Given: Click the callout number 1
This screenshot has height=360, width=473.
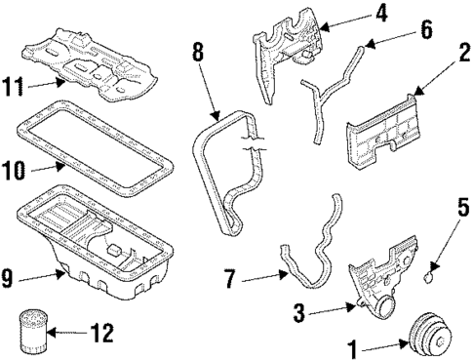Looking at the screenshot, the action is pyautogui.click(x=352, y=349).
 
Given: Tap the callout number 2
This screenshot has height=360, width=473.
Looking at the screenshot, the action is pyautogui.click(x=464, y=53).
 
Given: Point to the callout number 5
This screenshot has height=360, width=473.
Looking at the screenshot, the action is pyautogui.click(x=463, y=207).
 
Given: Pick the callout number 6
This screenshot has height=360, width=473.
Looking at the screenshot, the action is pyautogui.click(x=426, y=29).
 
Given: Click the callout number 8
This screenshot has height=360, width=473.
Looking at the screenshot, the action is pyautogui.click(x=198, y=52).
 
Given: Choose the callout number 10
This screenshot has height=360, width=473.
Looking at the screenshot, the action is pyautogui.click(x=13, y=171).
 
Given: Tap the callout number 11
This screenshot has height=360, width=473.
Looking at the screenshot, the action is pyautogui.click(x=13, y=86).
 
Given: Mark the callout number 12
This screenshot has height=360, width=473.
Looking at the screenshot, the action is pyautogui.click(x=101, y=333).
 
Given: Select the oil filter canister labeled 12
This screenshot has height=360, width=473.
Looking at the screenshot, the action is pyautogui.click(x=32, y=332).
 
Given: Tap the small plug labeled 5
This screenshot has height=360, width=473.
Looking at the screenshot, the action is pyautogui.click(x=429, y=277).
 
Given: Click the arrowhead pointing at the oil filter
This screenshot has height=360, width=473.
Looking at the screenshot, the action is pyautogui.click(x=51, y=333).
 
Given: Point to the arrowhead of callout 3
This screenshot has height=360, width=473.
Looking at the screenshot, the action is pyautogui.click(x=350, y=306).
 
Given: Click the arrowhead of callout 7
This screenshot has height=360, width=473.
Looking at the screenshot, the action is pyautogui.click(x=284, y=275).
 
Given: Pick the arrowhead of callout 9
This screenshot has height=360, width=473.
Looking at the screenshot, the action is pyautogui.click(x=59, y=274).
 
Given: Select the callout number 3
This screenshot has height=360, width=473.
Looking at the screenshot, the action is pyautogui.click(x=298, y=312).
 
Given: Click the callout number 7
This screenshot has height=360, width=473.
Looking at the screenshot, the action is pyautogui.click(x=230, y=279).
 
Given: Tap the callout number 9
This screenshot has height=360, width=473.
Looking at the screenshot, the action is pyautogui.click(x=7, y=279).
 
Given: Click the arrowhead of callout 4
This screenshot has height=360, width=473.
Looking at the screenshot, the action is pyautogui.click(x=325, y=27).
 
